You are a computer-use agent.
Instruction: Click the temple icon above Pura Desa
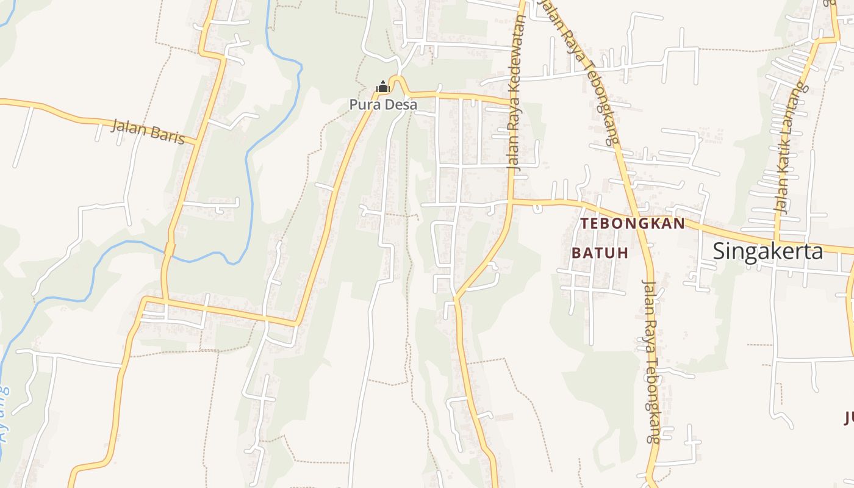pyautogui.click(x=383, y=87)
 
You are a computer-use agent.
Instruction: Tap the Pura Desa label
pyautogui.click(x=383, y=105)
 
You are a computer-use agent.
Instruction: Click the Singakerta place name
pyautogui.click(x=767, y=251)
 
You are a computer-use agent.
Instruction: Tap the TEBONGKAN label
pyautogui.click(x=633, y=224)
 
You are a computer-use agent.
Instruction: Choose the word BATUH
pyautogui.click(x=600, y=253)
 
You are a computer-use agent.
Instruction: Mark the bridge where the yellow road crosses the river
pyautogui.click(x=169, y=251)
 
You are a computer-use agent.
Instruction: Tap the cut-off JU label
pyautogui.click(x=849, y=418)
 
